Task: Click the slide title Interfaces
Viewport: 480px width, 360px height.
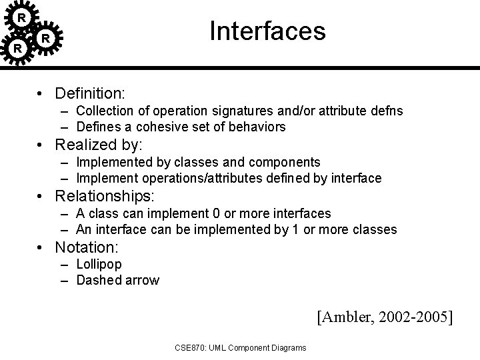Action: (x=267, y=31)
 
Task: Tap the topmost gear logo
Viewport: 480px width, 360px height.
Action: (x=22, y=17)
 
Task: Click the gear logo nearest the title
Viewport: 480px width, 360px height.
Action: (x=45, y=39)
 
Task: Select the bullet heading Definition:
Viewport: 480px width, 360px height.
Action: (x=91, y=92)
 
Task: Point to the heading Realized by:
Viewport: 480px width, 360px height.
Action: (x=99, y=144)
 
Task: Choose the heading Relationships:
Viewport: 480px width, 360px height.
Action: (x=105, y=196)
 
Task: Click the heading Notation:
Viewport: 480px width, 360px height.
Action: (x=87, y=247)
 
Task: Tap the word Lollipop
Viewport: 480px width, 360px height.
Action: (x=99, y=264)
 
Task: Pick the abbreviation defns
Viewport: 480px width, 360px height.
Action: (x=383, y=109)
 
